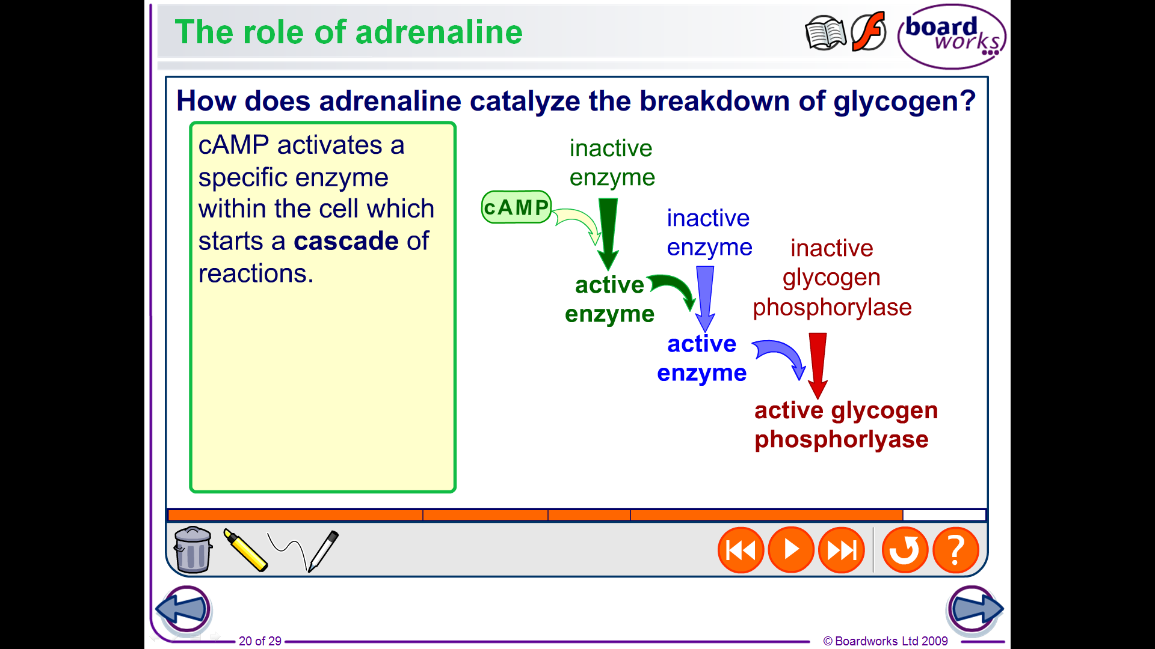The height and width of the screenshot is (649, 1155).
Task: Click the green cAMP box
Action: click(x=517, y=207)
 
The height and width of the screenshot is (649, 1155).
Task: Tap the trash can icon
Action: click(x=192, y=550)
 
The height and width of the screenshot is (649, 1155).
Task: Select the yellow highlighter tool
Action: click(x=245, y=550)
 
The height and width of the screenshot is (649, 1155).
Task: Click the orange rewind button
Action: click(x=741, y=550)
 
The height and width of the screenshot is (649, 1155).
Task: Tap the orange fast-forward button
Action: click(x=842, y=550)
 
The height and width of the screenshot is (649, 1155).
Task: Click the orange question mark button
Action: click(x=956, y=550)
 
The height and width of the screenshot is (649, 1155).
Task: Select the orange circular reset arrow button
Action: click(x=905, y=550)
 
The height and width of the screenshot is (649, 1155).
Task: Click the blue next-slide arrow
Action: click(x=975, y=609)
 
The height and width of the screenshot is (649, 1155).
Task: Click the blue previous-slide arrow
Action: click(x=183, y=609)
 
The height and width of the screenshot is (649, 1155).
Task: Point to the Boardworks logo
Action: click(x=952, y=37)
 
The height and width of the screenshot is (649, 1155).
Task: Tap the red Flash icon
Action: click(x=869, y=31)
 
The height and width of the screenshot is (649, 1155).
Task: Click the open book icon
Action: click(x=825, y=33)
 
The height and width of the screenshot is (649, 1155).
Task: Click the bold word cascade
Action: click(x=346, y=241)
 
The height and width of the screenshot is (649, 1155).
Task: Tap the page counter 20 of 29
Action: click(x=260, y=641)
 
